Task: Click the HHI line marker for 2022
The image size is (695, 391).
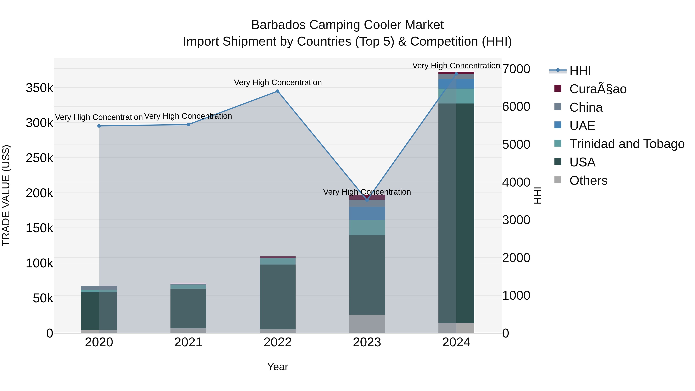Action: point(277,91)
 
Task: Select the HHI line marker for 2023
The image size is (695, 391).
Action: point(367,200)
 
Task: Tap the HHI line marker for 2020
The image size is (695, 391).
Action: point(99,126)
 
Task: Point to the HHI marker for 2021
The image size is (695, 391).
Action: point(188,125)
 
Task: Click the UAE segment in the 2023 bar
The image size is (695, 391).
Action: point(367,213)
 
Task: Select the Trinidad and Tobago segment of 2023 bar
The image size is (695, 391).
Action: point(367,227)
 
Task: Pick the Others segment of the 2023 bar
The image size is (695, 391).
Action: point(367,324)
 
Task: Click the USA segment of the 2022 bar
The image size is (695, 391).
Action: point(277,297)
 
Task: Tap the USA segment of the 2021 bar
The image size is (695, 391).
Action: point(188,308)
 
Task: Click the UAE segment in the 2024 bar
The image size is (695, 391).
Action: point(456,84)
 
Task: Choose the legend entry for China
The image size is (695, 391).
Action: point(586,107)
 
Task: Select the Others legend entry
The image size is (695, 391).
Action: point(588,181)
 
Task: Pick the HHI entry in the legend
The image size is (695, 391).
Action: point(580,71)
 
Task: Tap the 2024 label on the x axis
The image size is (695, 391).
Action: point(456,342)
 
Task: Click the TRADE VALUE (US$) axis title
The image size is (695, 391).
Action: point(6,195)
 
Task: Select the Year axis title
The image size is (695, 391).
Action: point(278,367)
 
